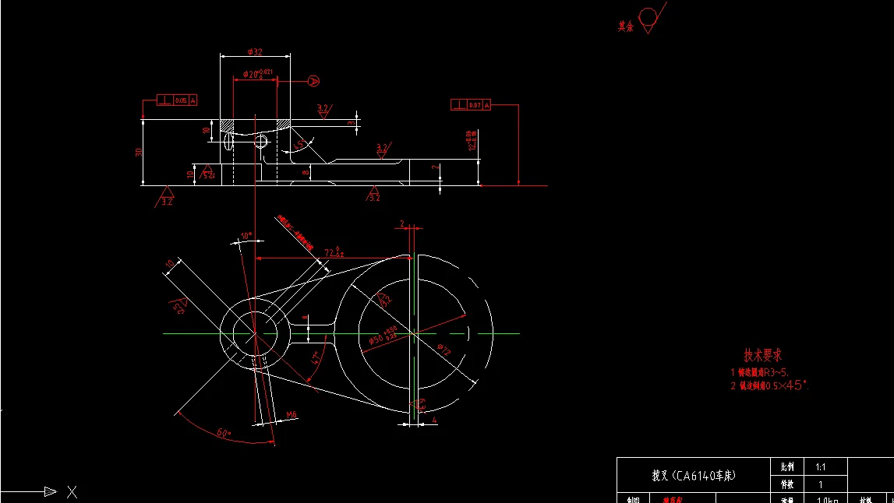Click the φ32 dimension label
pos(254,51)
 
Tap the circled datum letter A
pos(313,80)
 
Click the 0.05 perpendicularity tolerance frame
pos(177,100)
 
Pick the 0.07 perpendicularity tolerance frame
pos(471,104)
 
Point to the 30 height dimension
pos(139,153)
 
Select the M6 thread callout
pos(292,415)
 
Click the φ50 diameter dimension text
pos(382,336)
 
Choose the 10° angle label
pos(246,235)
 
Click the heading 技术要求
pos(763,356)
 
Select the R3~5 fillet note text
pos(760,373)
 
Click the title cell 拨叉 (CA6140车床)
pos(693,475)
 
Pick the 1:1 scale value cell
pos(820,467)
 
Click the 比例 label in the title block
pos(786,467)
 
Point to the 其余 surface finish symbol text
pos(625,26)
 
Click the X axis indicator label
pos(72,491)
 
